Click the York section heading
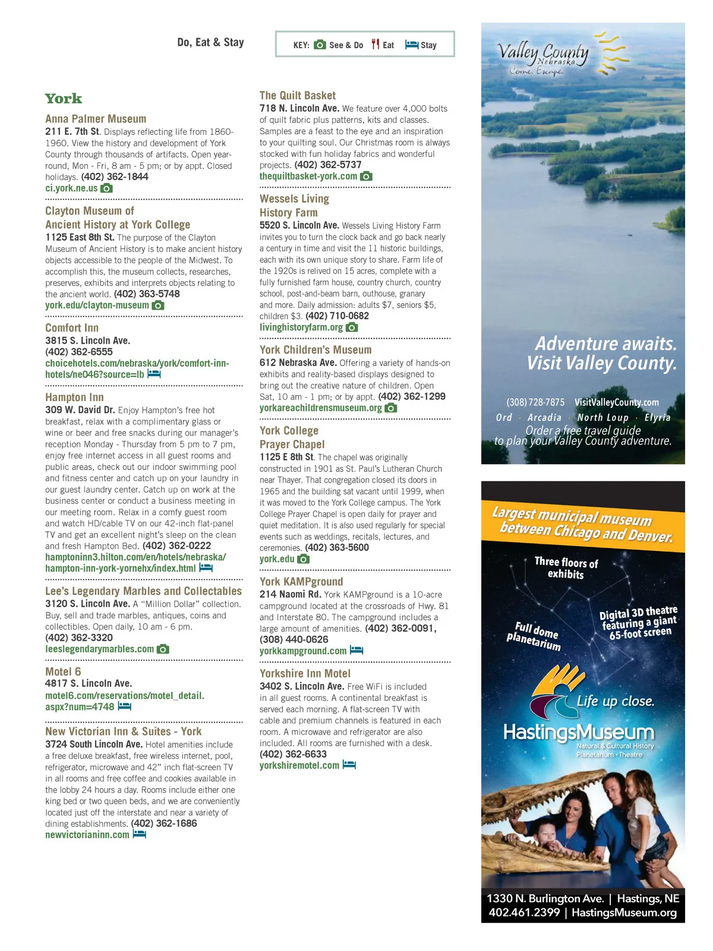(64, 99)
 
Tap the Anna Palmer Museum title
(96, 119)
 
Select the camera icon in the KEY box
(320, 45)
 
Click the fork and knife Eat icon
(375, 45)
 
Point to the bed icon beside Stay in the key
(411, 45)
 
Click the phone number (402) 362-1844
(115, 177)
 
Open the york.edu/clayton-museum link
(97, 305)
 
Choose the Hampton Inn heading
(74, 397)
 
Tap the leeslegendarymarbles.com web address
(99, 649)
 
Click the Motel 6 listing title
(63, 672)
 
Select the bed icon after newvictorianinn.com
(139, 834)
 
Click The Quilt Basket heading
(297, 95)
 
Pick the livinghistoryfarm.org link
(301, 327)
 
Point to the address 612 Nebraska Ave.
(298, 363)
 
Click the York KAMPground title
(301, 581)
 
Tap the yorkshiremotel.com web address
(299, 765)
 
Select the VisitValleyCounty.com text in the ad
(616, 402)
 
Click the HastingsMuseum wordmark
(578, 732)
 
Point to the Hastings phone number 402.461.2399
(523, 912)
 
